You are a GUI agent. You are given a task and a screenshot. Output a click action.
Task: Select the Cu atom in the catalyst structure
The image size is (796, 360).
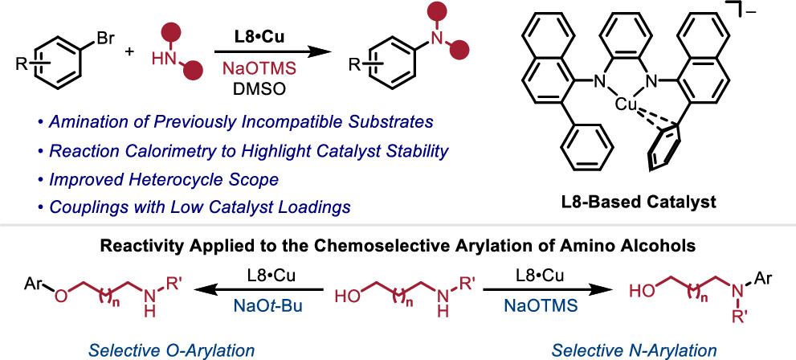point(628,104)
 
